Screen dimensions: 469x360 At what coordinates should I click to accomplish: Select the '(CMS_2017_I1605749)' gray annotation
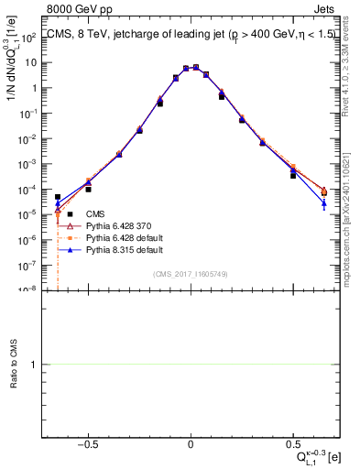[191, 274]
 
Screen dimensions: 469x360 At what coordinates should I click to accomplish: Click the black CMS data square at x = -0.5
[89, 189]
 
